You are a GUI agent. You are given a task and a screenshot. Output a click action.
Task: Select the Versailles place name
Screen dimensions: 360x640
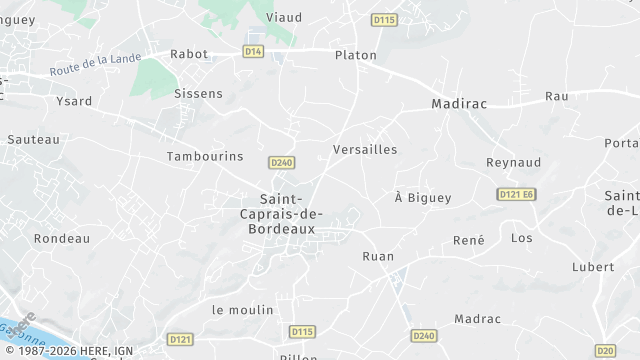tap(364, 149)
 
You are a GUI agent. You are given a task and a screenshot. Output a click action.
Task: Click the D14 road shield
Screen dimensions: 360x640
tap(254, 50)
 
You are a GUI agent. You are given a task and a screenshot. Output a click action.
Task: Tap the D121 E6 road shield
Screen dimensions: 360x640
tap(517, 193)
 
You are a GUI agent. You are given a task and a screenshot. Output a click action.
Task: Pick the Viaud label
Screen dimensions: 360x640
tap(284, 17)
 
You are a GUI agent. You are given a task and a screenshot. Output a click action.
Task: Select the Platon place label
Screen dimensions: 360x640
tap(356, 55)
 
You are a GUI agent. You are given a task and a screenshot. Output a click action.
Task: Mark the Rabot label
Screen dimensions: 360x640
tap(190, 55)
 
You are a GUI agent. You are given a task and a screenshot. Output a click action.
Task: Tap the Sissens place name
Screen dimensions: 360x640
tap(198, 93)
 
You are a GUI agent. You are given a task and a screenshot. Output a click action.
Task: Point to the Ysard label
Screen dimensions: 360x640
tap(73, 101)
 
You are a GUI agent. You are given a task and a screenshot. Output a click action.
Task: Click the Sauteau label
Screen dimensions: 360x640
tap(34, 140)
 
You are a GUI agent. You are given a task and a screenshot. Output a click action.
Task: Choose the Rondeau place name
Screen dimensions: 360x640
tap(62, 239)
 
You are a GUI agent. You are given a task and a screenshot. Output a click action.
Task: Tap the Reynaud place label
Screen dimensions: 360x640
tap(513, 162)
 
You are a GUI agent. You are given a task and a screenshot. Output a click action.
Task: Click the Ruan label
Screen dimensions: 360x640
tap(377, 256)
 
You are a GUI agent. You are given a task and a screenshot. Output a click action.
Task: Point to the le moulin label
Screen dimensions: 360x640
tap(242, 310)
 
